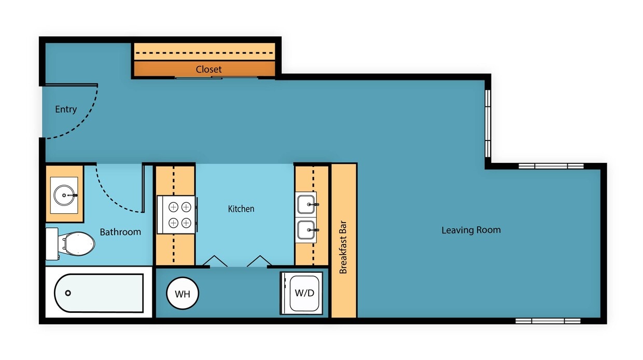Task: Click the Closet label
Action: tap(208, 69)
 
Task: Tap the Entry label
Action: tap(66, 109)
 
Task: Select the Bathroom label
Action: tap(120, 232)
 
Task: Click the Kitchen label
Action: tap(241, 209)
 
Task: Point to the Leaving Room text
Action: tap(471, 230)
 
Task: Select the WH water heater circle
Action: tap(183, 294)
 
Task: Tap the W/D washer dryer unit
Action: tap(304, 294)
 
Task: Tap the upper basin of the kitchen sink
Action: tap(306, 204)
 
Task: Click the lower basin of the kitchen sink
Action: tap(306, 229)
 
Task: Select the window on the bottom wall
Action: tap(548, 321)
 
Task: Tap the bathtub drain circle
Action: tap(68, 293)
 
